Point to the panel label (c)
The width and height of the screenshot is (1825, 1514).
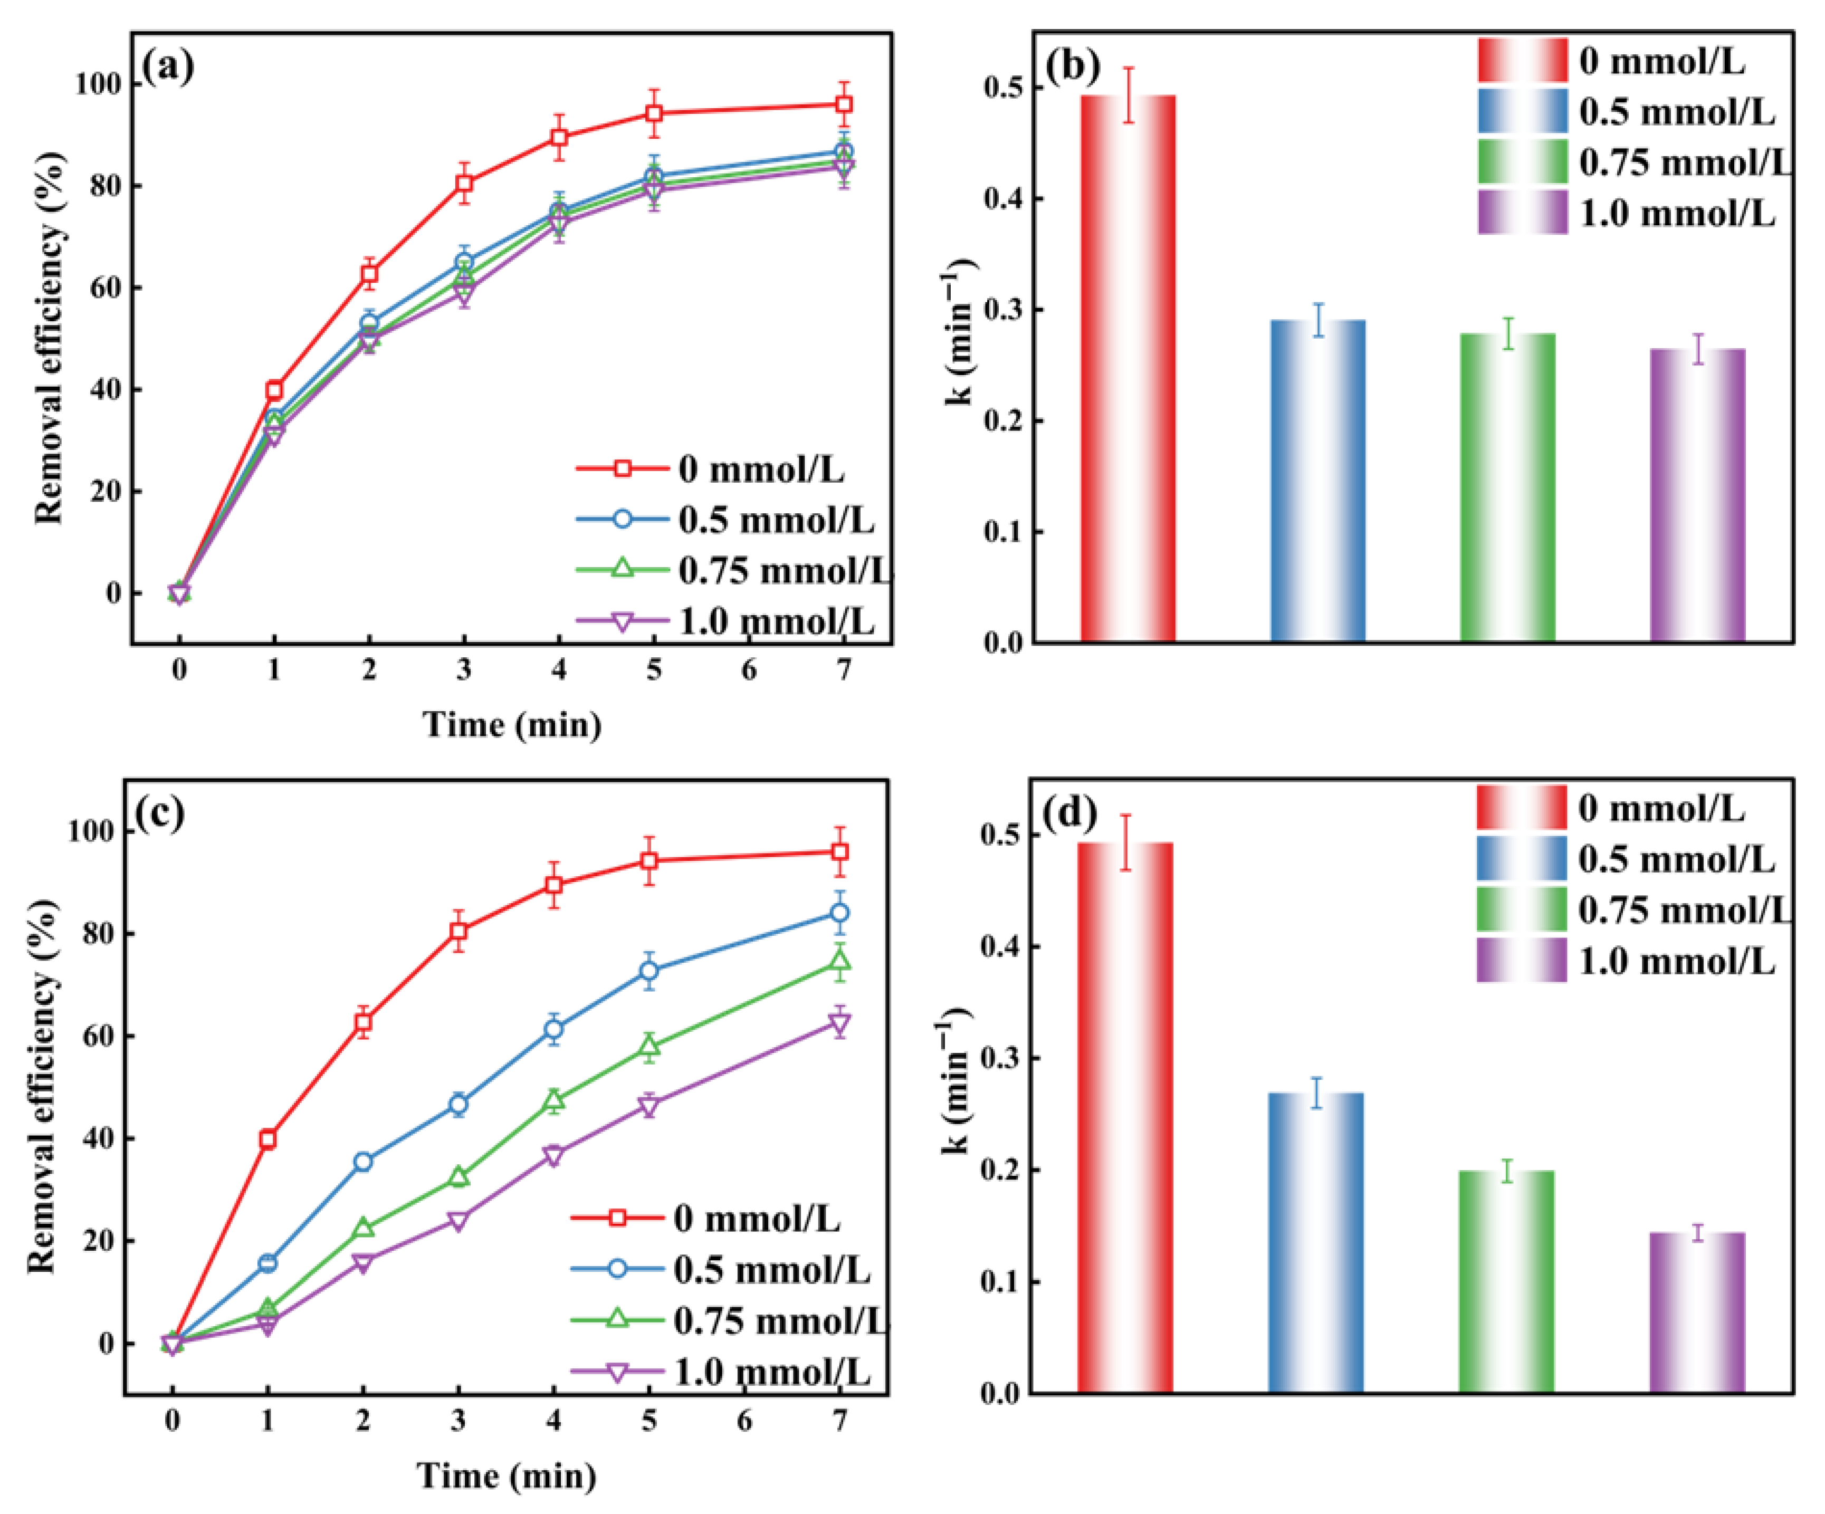(161, 812)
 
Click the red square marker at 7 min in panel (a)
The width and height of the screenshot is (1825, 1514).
(843, 104)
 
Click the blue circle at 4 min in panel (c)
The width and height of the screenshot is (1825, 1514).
(553, 1029)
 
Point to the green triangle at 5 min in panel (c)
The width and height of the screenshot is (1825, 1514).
(648, 1047)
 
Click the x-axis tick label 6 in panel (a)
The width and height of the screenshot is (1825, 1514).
(748, 670)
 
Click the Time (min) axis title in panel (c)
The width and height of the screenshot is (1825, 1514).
(507, 1475)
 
